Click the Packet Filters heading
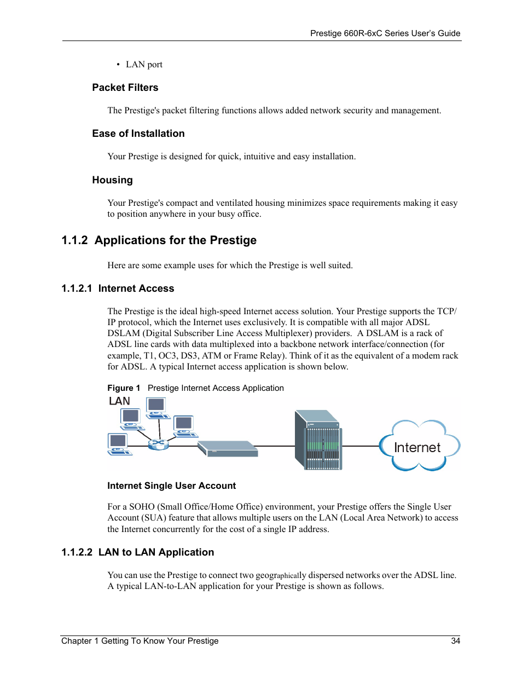point(125,88)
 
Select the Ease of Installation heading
point(138,134)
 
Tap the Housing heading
point(112,180)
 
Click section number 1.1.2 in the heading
point(74,240)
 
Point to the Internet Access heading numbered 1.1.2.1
point(118,288)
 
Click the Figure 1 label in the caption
point(124,388)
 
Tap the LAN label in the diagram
point(119,401)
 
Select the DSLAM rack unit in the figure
point(318,440)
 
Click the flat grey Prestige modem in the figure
point(228,448)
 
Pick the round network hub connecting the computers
point(158,444)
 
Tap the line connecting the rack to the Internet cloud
point(360,446)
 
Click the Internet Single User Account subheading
point(171,486)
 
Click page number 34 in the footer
point(455,641)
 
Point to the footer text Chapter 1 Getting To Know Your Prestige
point(140,641)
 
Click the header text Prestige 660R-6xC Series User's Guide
point(385,33)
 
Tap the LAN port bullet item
point(144,65)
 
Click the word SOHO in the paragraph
point(142,507)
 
